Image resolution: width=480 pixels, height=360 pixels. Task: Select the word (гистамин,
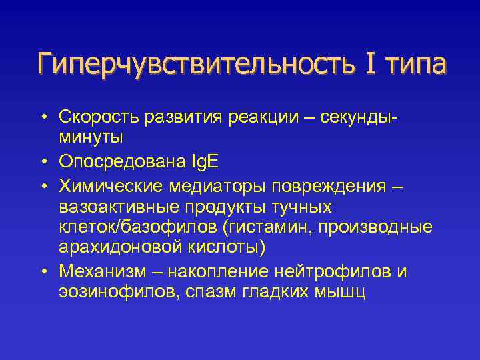click(267, 227)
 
